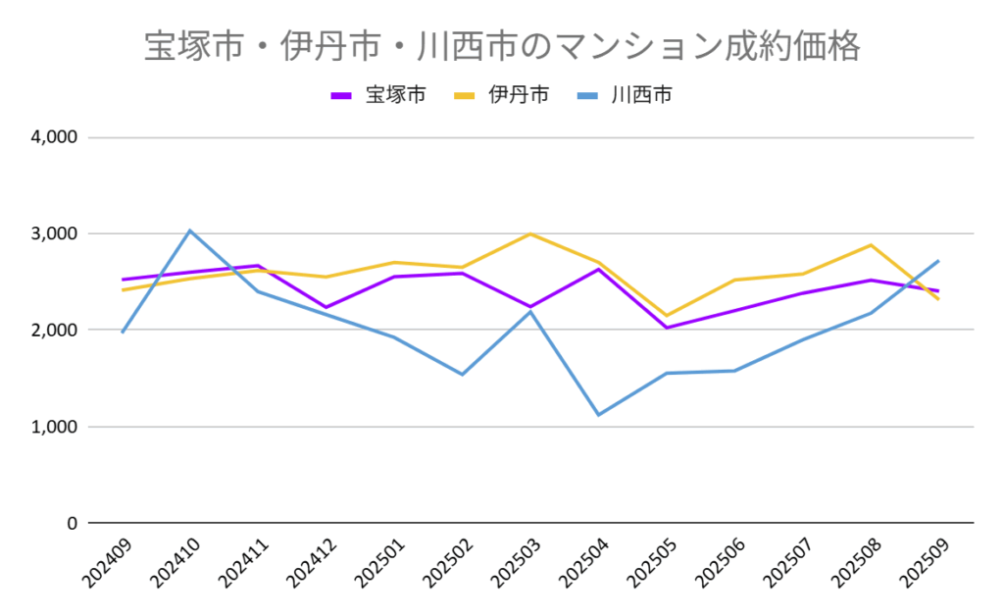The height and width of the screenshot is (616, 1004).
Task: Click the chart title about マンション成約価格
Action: [x=501, y=46]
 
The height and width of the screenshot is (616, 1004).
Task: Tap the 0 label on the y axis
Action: [x=71, y=523]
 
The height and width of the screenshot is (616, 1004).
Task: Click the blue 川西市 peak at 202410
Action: [x=190, y=231]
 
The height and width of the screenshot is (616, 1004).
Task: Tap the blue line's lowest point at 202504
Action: [x=598, y=415]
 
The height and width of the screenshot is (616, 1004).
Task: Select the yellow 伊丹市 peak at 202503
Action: [x=530, y=233]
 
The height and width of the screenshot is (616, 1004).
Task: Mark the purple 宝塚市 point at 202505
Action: [x=666, y=328]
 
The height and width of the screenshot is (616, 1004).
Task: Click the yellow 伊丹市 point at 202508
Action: [x=871, y=245]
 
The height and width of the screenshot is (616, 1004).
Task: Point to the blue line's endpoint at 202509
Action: [x=938, y=261]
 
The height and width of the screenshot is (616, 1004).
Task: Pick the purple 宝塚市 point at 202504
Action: [x=598, y=269]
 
